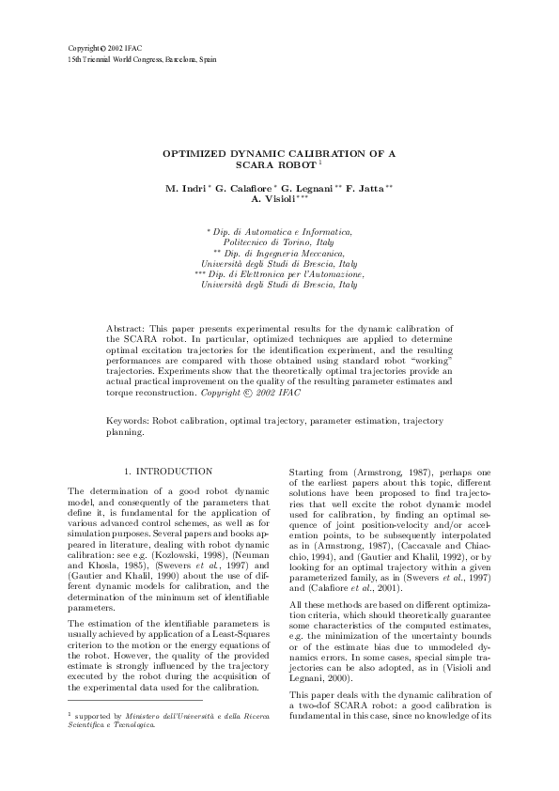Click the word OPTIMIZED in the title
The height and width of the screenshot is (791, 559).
pyautogui.click(x=194, y=151)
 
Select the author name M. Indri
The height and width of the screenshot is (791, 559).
pyautogui.click(x=185, y=189)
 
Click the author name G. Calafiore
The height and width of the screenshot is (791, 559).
pyautogui.click(x=243, y=189)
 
